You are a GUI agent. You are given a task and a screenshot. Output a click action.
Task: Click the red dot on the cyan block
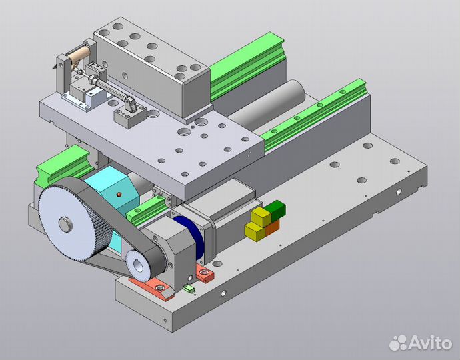pyautogui.click(x=119, y=195)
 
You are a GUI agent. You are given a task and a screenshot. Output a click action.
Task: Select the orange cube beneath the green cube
pyautogui.click(x=271, y=226)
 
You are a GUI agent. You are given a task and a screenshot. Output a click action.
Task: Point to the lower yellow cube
pyautogui.click(x=253, y=231)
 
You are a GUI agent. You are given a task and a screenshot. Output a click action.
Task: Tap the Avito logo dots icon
pyautogui.click(x=398, y=343)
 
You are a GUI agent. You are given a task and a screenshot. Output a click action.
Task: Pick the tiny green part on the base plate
pyautogui.click(x=188, y=289)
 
